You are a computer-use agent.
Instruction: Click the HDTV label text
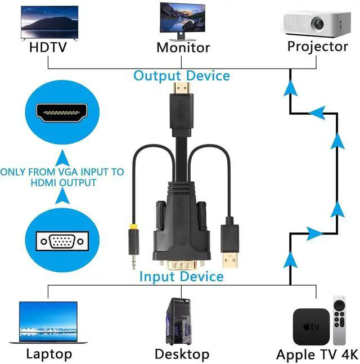pos(48,47)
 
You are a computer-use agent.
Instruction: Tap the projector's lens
pos(317,23)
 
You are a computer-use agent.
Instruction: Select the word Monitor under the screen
pos(183,48)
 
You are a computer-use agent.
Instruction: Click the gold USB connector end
pos(230,260)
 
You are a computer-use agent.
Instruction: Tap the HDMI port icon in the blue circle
pos(62,113)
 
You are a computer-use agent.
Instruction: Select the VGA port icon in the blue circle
pos(62,241)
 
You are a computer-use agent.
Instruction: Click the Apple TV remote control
pos(339,320)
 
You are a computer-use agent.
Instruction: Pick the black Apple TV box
pos(311,326)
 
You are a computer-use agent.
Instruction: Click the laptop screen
pos(48,321)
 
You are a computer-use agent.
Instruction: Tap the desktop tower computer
pos(178,321)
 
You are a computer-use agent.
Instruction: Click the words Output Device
pos(182,76)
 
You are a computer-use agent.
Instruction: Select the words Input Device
pos(182,276)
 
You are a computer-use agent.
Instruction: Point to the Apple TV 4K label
pos(317,354)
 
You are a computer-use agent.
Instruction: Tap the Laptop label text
pos(49,354)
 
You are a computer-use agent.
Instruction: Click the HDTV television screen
pos(49,23)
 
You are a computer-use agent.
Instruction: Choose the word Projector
pos(318,47)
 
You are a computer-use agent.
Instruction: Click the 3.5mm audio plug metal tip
pos(133,262)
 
